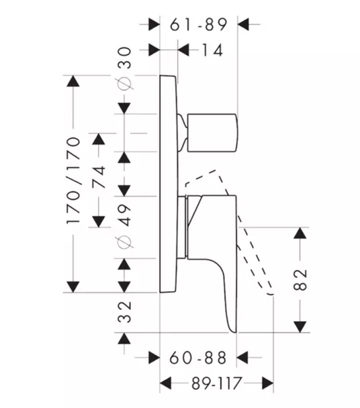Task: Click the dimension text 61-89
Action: [199, 24]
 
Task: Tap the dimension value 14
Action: [212, 50]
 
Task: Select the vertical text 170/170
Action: [73, 181]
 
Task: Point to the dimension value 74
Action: [98, 177]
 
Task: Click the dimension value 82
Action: [300, 279]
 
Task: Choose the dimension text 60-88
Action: [198, 358]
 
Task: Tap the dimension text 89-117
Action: [217, 384]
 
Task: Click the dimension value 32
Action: [124, 311]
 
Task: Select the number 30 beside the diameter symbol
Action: [124, 58]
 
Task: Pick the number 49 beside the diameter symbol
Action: [124, 215]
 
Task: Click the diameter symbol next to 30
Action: [124, 83]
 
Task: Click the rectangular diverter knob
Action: [212, 133]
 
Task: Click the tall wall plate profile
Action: [168, 184]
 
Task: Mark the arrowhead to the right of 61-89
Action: [244, 24]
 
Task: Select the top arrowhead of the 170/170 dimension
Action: [73, 81]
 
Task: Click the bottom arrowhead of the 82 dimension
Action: [300, 327]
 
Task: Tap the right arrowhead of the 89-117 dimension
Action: [268, 384]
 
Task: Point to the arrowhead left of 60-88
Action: [154, 358]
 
